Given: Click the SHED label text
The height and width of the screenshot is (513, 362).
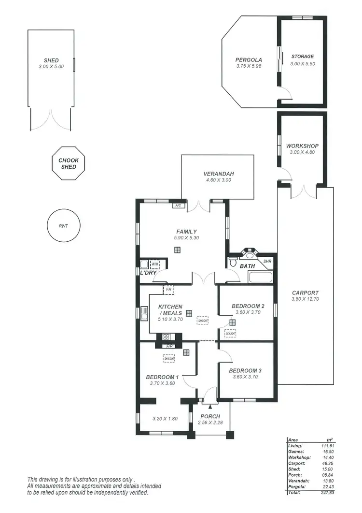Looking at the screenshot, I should click(51, 60).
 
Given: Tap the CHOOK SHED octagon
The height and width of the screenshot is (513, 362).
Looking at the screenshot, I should click(69, 163).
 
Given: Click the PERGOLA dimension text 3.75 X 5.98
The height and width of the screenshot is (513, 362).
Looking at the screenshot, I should click(249, 66).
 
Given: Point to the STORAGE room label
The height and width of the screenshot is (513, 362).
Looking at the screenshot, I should click(302, 57).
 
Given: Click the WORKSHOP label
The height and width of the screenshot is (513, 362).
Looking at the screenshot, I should click(302, 146).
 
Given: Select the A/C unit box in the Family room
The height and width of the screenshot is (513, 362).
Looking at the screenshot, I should click(178, 205).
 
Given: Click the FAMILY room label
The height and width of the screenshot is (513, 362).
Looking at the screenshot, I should click(186, 232).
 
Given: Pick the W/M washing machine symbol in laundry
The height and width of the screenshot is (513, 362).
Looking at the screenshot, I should click(155, 264).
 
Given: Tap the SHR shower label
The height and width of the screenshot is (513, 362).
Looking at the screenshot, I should click(267, 261).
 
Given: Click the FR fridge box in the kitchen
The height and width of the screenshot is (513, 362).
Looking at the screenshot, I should click(168, 290).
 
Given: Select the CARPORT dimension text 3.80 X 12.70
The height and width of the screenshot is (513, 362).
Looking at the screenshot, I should click(305, 299).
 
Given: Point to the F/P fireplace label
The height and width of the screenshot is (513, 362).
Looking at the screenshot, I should click(169, 346).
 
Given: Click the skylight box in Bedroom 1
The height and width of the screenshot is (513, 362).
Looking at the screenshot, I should click(169, 359).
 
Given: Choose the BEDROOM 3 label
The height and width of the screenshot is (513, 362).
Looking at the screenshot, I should click(246, 370).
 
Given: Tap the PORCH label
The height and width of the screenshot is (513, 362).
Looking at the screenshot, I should click(210, 416).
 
